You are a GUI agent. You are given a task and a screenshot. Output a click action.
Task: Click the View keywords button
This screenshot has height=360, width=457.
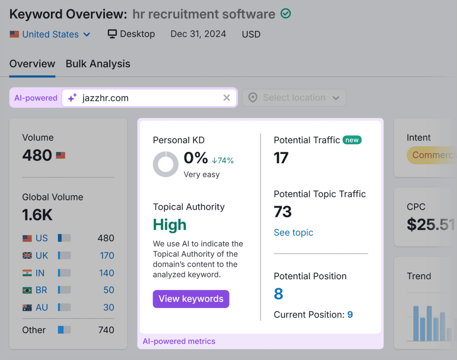pos(191,299)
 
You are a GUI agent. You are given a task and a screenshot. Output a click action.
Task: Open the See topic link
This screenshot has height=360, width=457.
pos(293,232)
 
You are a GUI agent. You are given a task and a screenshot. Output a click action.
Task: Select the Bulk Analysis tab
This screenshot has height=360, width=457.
pos(98,64)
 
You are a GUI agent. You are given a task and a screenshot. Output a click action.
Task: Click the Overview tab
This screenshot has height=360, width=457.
pos(32,64)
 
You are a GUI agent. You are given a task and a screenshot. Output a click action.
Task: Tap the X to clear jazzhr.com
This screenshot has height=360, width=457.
pos(227,98)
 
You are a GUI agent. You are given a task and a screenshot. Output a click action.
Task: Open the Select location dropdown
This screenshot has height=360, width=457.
pos(295,98)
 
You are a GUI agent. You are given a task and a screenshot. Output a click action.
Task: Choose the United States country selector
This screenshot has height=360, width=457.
pos(50,34)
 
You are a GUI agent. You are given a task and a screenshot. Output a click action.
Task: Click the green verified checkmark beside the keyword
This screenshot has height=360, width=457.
pos(286,14)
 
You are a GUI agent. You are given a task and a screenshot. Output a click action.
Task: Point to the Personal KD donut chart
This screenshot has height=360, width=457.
pos(166,164)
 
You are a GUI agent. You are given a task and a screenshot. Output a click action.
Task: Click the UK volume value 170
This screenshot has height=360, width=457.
pos(107,255)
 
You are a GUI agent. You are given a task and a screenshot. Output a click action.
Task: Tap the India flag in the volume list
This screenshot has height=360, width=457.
pos(27,273)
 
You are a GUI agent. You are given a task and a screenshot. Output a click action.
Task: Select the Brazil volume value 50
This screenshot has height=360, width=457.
pos(109,290)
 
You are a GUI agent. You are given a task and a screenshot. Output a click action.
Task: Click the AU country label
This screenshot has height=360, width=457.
pos(42,307)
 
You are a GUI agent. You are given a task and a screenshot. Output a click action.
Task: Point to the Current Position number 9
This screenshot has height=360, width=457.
pos(350,314)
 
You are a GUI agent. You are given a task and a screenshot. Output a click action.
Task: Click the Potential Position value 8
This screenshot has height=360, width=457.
pos(278,294)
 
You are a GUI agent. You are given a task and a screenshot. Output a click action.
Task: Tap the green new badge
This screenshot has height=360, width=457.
pos(352,140)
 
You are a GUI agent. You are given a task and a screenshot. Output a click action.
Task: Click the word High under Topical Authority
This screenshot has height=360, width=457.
pos(170,225)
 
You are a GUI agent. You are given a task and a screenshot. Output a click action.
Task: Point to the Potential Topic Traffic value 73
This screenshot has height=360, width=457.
pos(283,211)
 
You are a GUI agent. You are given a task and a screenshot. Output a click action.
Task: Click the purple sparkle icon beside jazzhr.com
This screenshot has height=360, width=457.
pos(72,98)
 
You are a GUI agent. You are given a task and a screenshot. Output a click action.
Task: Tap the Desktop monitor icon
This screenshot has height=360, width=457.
pos(112,34)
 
